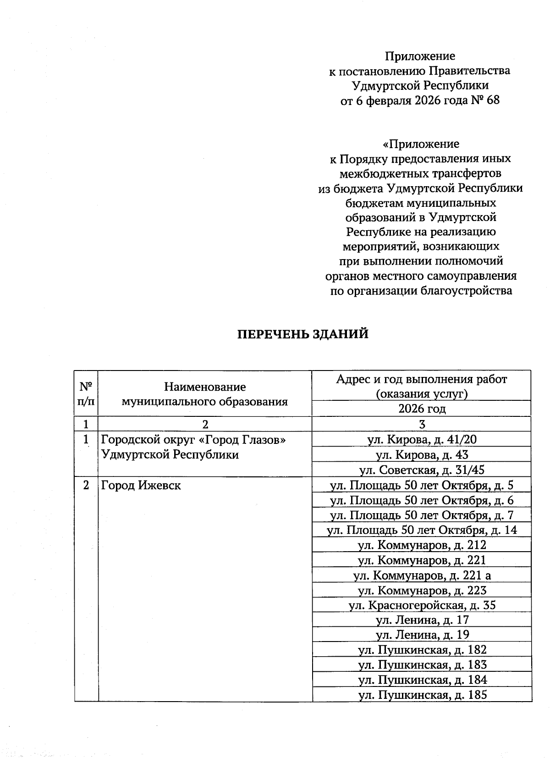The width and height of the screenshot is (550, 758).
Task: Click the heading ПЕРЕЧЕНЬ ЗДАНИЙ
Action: click(x=303, y=334)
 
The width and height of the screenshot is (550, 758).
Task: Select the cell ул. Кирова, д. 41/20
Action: click(x=422, y=440)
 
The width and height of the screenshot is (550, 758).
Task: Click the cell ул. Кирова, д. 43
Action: click(x=422, y=455)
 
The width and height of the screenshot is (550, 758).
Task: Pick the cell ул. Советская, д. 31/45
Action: click(x=422, y=470)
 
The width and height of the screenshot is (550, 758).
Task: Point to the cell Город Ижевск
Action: click(x=141, y=485)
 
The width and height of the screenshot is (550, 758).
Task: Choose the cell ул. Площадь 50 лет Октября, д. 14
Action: click(x=422, y=530)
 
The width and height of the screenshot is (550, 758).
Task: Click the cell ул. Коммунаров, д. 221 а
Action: click(x=422, y=575)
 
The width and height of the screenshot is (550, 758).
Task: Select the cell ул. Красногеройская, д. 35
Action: click(x=422, y=605)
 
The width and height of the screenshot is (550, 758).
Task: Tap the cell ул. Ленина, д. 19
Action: click(x=422, y=635)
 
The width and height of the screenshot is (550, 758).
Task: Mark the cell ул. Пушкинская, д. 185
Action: click(x=422, y=695)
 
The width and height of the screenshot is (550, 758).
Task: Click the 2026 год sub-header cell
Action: click(x=422, y=409)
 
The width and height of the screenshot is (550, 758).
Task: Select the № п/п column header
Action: click(x=86, y=393)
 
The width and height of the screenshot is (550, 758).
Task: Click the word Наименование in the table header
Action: click(x=205, y=387)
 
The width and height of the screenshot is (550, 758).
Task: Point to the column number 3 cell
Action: click(x=422, y=424)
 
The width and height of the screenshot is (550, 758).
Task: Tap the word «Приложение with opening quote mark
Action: click(x=421, y=144)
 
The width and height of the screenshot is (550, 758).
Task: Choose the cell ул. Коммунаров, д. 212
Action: click(x=422, y=545)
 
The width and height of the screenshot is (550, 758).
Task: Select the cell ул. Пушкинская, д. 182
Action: click(x=422, y=650)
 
